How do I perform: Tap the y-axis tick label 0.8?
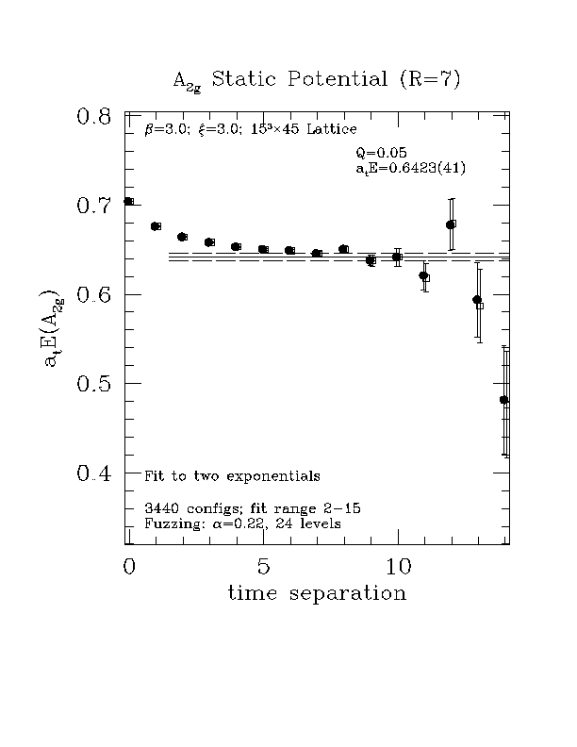click(94, 117)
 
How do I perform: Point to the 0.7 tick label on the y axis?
click(94, 206)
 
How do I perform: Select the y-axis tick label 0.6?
click(94, 295)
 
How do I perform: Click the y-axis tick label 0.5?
click(94, 384)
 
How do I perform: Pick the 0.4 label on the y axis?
click(94, 473)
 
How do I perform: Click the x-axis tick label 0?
click(129, 567)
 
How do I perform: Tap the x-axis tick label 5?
click(264, 567)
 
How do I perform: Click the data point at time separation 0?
click(128, 201)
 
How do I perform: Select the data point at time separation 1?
click(156, 226)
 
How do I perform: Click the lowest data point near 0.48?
click(504, 400)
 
